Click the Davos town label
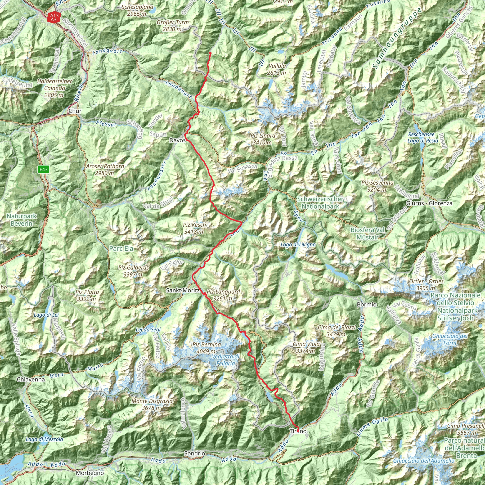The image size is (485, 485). click(x=177, y=140)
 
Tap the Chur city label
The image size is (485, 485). click(x=75, y=111)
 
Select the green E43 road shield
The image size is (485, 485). click(x=43, y=170)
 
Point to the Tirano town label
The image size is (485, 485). click(x=298, y=431)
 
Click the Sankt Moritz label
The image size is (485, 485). click(x=183, y=290)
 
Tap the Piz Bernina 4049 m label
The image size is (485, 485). click(x=206, y=348)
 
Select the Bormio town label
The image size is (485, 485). click(x=367, y=305)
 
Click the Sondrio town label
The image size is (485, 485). click(x=195, y=454)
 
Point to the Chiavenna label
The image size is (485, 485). click(x=31, y=379)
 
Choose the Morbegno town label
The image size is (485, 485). click(x=90, y=473)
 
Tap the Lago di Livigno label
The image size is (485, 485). click(x=298, y=244)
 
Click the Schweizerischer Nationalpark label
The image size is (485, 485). click(x=320, y=202)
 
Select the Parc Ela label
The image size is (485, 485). click(x=121, y=248)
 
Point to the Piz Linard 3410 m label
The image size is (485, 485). click(x=263, y=139)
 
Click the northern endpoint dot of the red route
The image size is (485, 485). click(x=210, y=53)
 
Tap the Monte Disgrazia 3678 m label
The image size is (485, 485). click(x=152, y=404)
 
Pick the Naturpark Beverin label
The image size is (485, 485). click(x=22, y=220)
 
